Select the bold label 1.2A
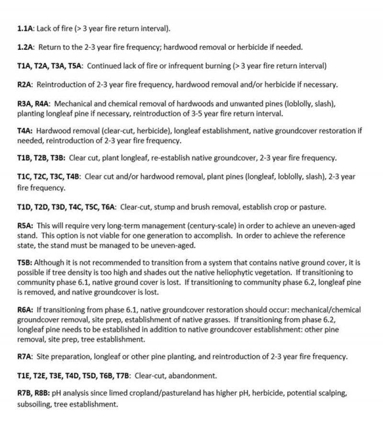[25, 47]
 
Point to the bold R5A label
[24, 225]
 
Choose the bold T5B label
[24, 263]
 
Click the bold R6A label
[25, 309]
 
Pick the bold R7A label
[24, 356]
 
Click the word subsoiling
[35, 404]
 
